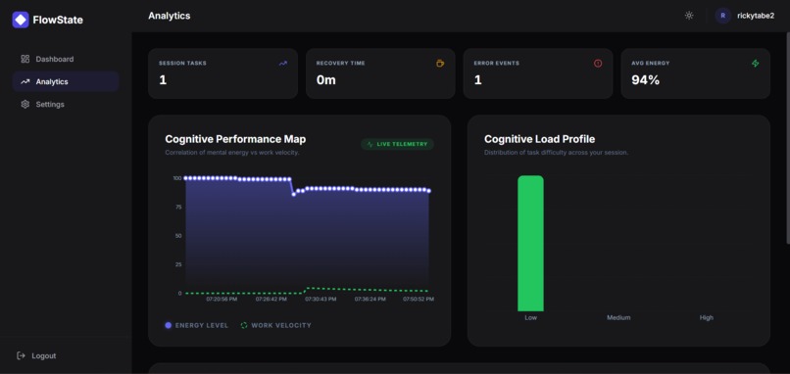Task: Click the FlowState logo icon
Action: (x=21, y=20)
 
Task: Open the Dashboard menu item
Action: (x=54, y=59)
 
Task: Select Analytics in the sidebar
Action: (x=52, y=81)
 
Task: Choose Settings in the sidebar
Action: (x=50, y=104)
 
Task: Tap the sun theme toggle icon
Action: (x=689, y=16)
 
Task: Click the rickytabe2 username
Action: (x=755, y=16)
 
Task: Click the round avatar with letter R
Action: (x=723, y=16)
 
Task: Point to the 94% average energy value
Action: (x=645, y=80)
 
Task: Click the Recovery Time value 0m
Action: (x=325, y=80)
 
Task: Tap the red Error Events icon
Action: (x=598, y=64)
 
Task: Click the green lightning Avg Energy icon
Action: (x=755, y=64)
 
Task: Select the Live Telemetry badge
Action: (x=397, y=144)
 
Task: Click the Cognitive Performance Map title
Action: (x=235, y=139)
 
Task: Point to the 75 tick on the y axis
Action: (x=177, y=207)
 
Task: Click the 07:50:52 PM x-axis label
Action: (x=419, y=300)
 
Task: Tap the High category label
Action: (x=706, y=317)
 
